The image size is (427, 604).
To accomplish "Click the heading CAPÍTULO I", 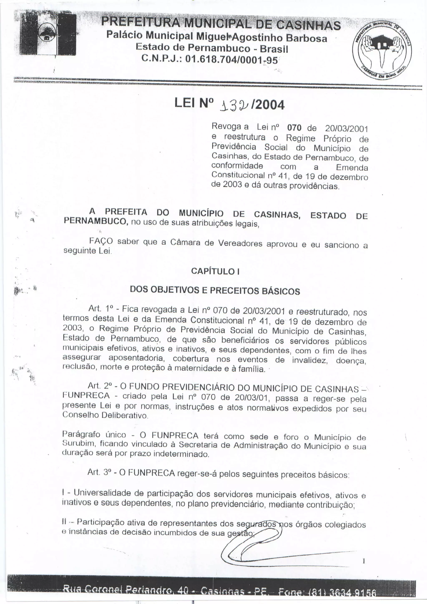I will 215,271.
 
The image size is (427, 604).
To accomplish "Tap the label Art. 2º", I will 101,386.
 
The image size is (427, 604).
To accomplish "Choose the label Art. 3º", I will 101,472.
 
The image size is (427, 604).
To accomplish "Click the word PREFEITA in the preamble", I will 126,212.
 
